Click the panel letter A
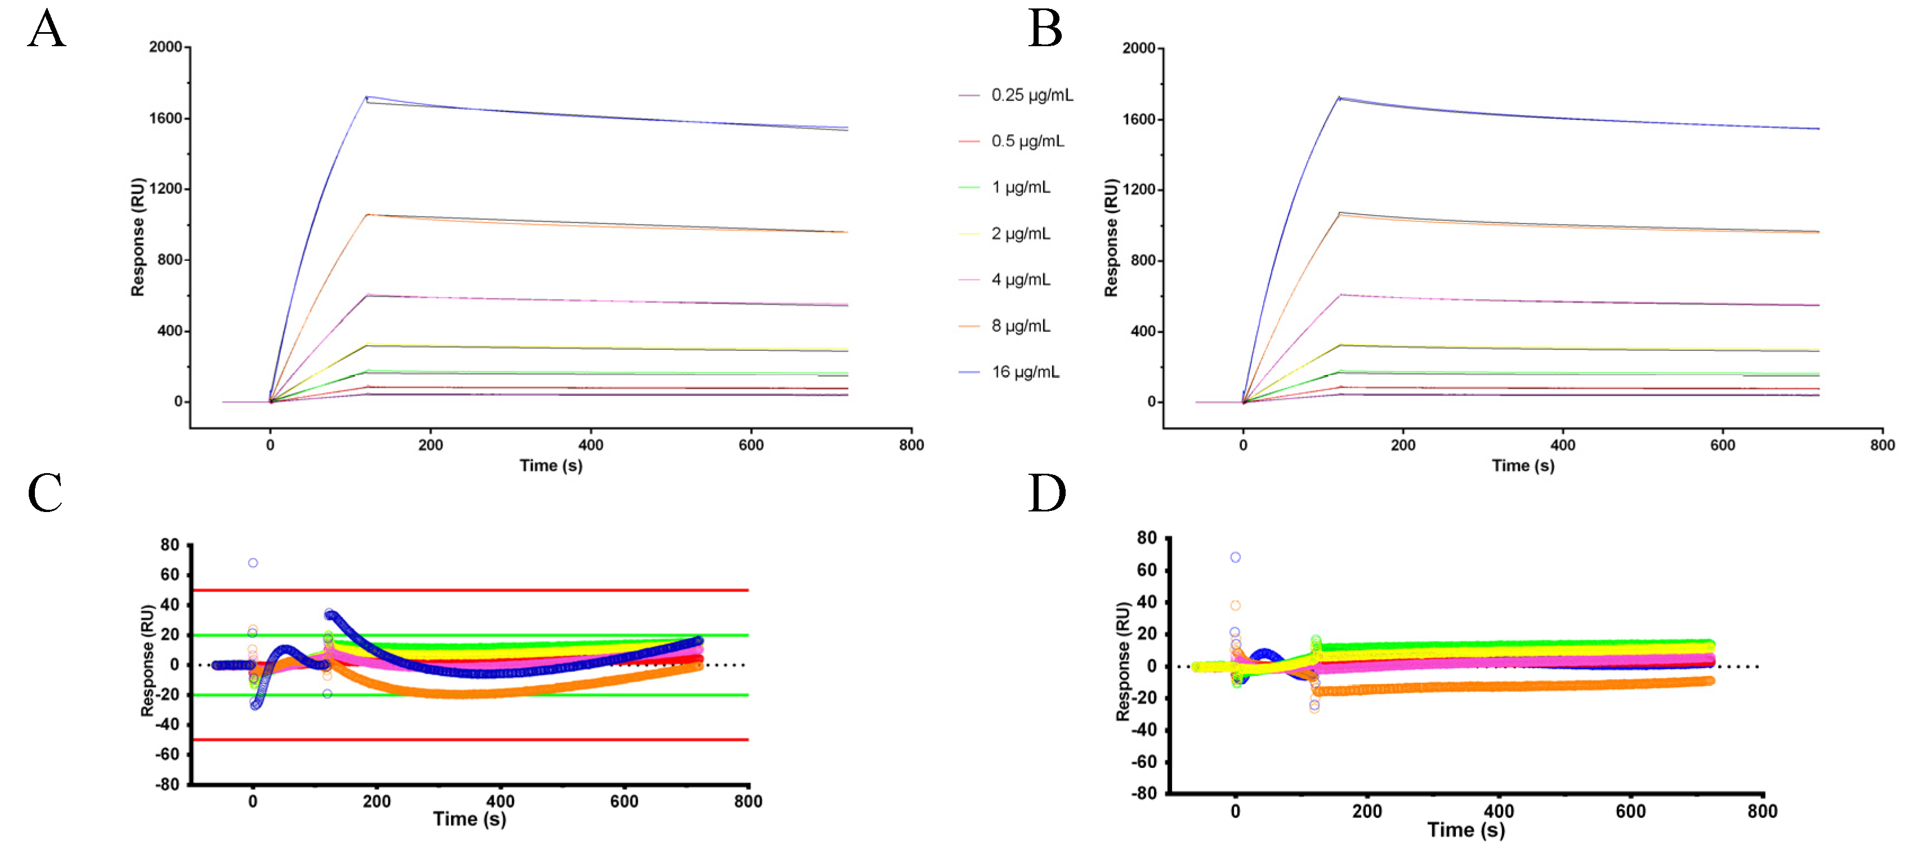pyautogui.click(x=46, y=30)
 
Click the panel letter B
pyautogui.click(x=1045, y=30)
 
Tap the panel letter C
pyautogui.click(x=44, y=493)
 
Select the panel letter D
pyautogui.click(x=1046, y=493)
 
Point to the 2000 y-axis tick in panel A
pyautogui.click(x=165, y=47)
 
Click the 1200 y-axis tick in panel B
pyautogui.click(x=1138, y=189)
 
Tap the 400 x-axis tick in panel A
pyautogui.click(x=591, y=444)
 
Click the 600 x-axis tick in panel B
pyautogui.click(x=1722, y=444)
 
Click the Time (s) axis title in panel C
pyautogui.click(x=469, y=819)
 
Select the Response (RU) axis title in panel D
pyautogui.click(x=1122, y=661)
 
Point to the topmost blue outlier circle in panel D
pyautogui.click(x=1235, y=558)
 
